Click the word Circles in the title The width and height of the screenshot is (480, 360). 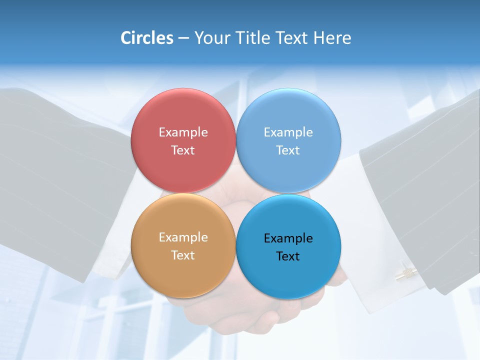146,38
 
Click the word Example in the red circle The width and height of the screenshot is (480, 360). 183,132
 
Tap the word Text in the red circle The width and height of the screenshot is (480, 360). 183,150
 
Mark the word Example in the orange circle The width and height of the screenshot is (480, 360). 183,237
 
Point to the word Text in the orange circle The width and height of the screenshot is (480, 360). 183,255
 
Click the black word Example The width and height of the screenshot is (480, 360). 288,238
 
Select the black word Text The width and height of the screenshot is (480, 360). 288,256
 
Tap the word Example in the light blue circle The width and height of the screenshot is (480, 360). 288,132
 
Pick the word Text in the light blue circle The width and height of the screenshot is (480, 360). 288,150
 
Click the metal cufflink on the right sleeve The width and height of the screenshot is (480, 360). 406,273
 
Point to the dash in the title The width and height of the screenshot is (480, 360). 183,38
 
